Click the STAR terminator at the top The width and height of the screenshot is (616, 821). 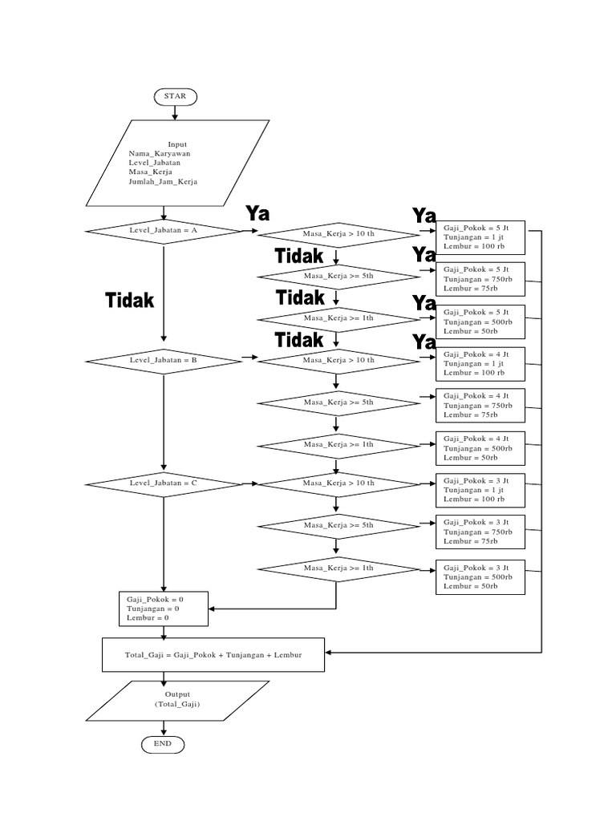click(175, 95)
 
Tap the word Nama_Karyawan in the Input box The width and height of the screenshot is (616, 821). click(159, 153)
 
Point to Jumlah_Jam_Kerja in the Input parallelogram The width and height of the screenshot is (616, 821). click(163, 182)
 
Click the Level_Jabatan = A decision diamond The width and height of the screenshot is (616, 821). click(164, 230)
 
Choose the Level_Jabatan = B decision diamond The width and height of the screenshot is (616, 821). click(164, 361)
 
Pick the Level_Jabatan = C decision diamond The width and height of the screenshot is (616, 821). click(164, 483)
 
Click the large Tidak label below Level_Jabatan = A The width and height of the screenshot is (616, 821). click(129, 300)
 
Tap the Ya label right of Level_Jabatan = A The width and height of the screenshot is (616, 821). click(257, 213)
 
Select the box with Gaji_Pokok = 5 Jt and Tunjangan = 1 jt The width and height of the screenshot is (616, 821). click(480, 237)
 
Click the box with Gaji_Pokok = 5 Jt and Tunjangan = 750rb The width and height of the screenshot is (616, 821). click(480, 279)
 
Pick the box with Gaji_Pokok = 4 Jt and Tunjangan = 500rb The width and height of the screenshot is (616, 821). click(480, 448)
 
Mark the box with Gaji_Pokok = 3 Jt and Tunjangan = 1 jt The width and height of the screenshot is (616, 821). click(480, 490)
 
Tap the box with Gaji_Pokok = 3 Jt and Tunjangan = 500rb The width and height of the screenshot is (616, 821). click(480, 576)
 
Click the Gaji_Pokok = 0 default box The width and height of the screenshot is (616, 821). click(164, 609)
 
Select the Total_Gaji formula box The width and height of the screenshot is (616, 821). click(213, 655)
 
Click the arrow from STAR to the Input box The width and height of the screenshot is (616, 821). click(175, 112)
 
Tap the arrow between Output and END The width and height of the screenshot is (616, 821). click(163, 727)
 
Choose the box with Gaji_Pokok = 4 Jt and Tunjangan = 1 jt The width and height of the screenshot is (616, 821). click(480, 363)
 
